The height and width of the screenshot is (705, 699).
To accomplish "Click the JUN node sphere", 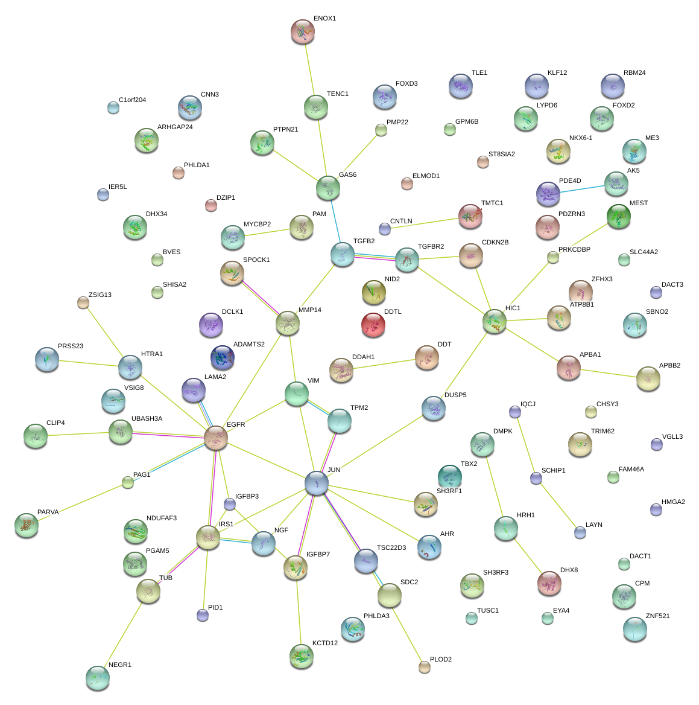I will (x=317, y=482).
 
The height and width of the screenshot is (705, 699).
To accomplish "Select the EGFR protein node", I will (x=216, y=438).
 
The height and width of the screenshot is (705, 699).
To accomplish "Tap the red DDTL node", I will (x=373, y=325).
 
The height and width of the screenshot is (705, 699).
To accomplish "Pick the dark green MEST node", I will (x=618, y=217).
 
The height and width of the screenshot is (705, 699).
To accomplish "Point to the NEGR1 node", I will (x=98, y=677).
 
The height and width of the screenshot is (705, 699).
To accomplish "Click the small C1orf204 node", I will (x=113, y=107).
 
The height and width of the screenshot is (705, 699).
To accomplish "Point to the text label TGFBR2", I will (x=431, y=247).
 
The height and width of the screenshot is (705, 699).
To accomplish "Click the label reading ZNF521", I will (x=657, y=616).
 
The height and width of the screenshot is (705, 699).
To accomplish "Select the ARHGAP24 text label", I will (x=175, y=127).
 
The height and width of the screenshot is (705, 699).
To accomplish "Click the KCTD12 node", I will (x=302, y=656).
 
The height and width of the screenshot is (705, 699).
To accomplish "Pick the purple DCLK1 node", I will (x=211, y=325).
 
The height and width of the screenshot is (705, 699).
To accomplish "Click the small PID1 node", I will (x=203, y=615).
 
